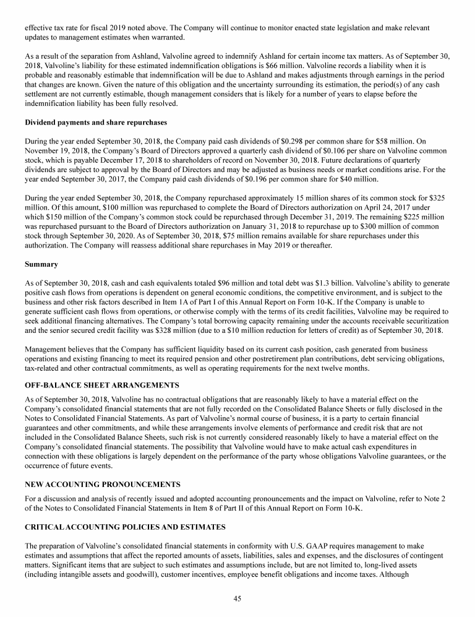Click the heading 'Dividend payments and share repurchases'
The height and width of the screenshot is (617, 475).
[92, 122]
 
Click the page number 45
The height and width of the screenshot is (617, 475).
[237, 597]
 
